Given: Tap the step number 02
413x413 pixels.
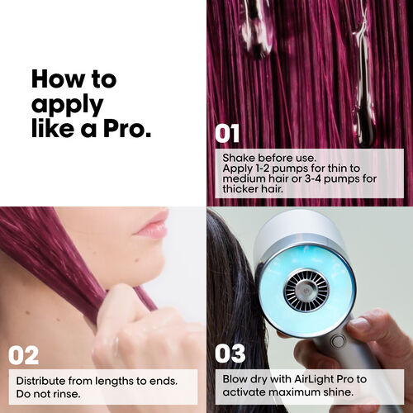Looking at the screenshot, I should tap(24, 355).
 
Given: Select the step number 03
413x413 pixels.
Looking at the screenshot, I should tap(230, 354).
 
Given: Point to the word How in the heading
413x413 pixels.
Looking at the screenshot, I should tap(58, 79).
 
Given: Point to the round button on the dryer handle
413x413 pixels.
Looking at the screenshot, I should tap(337, 342).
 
